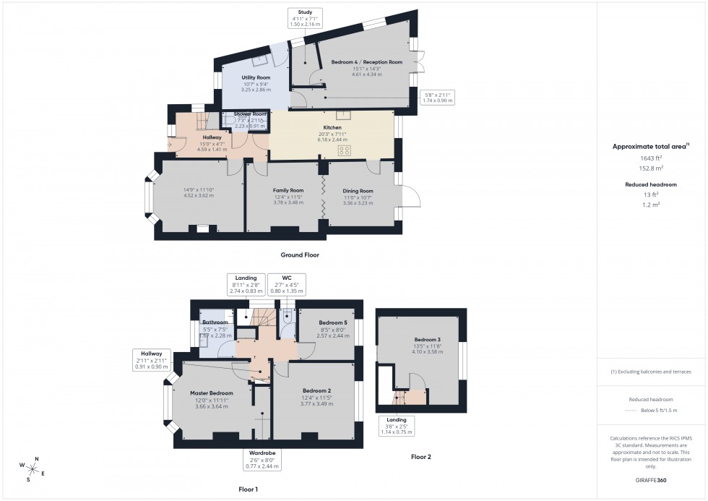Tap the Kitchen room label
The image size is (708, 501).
(x=332, y=127)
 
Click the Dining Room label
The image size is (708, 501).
(x=358, y=191)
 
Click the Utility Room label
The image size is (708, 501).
(x=256, y=77)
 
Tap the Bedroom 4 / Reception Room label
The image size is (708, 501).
(x=366, y=62)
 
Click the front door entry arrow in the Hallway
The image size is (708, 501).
(x=171, y=144)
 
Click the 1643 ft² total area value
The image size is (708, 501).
(x=651, y=158)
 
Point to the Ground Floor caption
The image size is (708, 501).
(x=300, y=255)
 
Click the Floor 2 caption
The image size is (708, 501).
(x=421, y=457)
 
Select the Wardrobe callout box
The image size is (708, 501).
(x=263, y=459)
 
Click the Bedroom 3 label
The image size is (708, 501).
(x=426, y=340)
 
